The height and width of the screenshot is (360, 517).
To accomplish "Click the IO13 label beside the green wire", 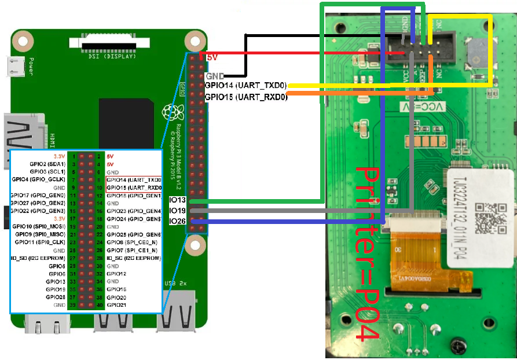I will click(177, 200).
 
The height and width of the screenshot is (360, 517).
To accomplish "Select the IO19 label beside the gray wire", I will click(177, 211).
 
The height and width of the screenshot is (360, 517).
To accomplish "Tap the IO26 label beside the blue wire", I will click(177, 221).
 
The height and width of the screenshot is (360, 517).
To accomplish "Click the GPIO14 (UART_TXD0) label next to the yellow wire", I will click(245, 86).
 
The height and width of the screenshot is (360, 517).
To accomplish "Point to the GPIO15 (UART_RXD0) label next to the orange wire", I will click(245, 96).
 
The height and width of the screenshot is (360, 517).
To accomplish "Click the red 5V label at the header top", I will click(211, 57).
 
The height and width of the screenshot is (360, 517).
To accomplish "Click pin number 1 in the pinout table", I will click(75, 156).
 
